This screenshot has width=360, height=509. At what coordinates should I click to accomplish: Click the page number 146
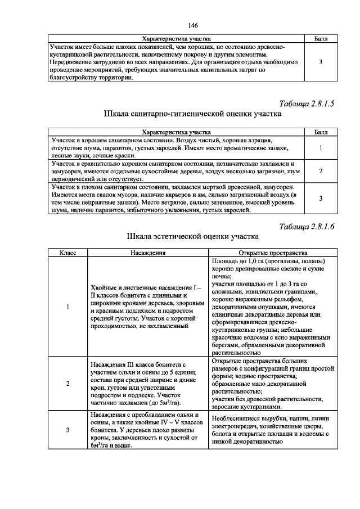(x=193, y=25)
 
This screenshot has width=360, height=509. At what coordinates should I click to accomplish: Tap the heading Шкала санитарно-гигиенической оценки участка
(x=192, y=114)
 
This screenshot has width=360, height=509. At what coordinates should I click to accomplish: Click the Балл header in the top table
(x=321, y=38)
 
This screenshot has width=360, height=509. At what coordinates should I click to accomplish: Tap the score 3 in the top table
(x=321, y=62)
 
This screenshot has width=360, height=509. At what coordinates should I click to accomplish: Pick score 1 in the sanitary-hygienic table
(x=321, y=147)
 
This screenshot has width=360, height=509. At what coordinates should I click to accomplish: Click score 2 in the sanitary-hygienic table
(x=321, y=171)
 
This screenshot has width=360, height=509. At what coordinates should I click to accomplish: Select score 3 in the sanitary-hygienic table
(x=321, y=199)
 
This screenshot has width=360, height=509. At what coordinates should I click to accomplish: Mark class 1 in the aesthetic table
(x=67, y=307)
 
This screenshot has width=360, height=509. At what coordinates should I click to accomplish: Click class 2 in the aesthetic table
(x=67, y=384)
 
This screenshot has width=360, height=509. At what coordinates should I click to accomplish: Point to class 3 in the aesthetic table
(x=67, y=430)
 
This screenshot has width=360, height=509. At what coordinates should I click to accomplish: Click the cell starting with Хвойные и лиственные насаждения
(x=148, y=307)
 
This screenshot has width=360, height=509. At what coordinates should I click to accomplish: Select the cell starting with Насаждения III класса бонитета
(x=148, y=384)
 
